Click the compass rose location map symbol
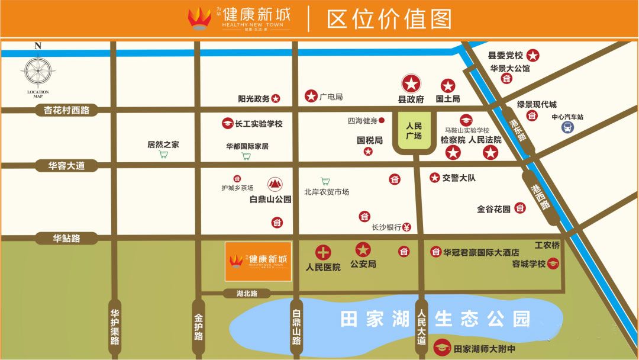click(x=38, y=71)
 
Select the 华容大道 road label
click(x=66, y=166)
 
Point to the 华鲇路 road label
click(x=66, y=239)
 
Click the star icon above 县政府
click(x=411, y=83)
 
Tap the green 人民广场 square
click(x=414, y=131)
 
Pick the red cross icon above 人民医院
click(x=323, y=252)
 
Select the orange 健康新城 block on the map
click(x=258, y=261)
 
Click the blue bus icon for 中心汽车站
click(x=567, y=128)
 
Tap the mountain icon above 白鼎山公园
click(x=275, y=184)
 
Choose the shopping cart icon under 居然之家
click(x=163, y=155)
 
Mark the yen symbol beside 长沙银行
click(x=407, y=226)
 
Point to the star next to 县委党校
click(x=533, y=56)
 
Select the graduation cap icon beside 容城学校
click(x=553, y=264)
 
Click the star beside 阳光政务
click(x=276, y=99)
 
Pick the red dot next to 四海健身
click(x=382, y=120)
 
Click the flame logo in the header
click(x=200, y=18)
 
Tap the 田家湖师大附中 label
click(x=484, y=349)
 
